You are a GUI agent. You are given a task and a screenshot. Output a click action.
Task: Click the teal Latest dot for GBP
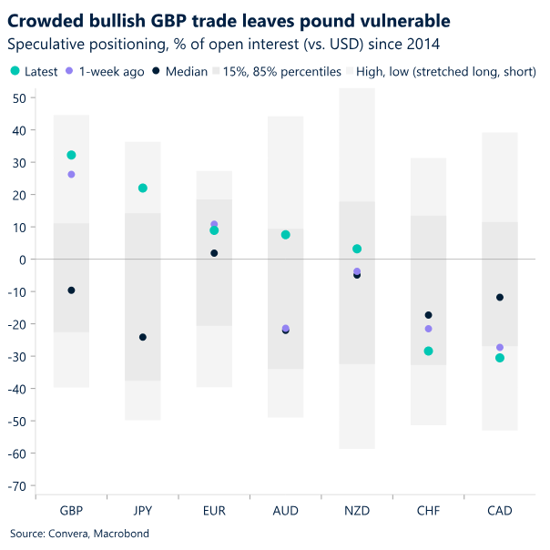(x=71, y=156)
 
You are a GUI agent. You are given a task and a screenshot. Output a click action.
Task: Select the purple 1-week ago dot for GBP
(x=71, y=174)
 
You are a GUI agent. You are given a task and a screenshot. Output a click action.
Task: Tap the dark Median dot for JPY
(x=142, y=337)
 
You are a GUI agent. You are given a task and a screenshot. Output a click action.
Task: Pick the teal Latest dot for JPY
(x=142, y=188)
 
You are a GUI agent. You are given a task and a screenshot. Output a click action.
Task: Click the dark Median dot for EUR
(x=214, y=253)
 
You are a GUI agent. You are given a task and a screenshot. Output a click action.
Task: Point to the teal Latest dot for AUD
(x=285, y=235)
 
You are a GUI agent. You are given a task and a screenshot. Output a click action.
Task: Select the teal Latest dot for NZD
(x=357, y=249)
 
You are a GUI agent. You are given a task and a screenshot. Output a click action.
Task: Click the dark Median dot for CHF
(x=428, y=315)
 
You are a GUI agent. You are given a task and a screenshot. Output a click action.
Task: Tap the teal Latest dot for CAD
(x=500, y=358)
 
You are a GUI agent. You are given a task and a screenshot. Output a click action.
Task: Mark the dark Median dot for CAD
(x=500, y=298)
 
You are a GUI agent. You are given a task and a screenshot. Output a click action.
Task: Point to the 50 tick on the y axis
(x=18, y=98)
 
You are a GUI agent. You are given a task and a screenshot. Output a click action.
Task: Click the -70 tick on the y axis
(x=16, y=486)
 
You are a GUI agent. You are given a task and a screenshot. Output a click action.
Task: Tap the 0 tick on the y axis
(x=21, y=260)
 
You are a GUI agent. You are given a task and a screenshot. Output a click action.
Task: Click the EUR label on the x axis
(x=214, y=512)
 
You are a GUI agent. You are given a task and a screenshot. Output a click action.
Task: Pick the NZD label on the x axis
(x=357, y=512)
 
